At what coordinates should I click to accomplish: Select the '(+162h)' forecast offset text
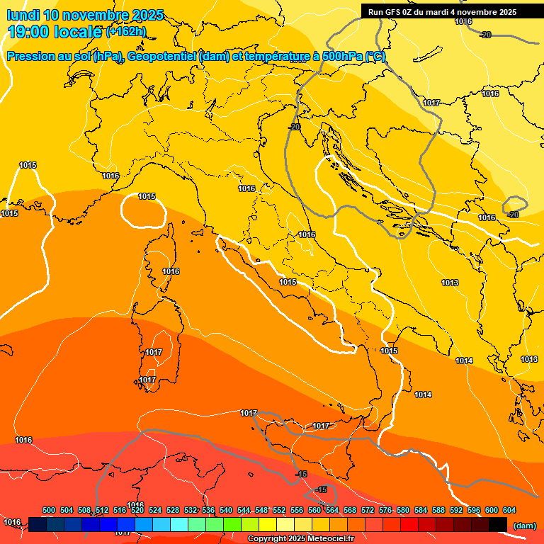pyautogui.click(x=126, y=32)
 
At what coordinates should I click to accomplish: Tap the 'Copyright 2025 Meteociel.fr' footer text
pyautogui.click(x=301, y=538)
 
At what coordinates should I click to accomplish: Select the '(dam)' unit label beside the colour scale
pyautogui.click(x=524, y=525)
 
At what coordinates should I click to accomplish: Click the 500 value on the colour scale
pyautogui.click(x=49, y=511)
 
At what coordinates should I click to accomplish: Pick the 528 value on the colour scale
pyautogui.click(x=173, y=511)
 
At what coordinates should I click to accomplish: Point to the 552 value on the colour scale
pyautogui.click(x=279, y=511)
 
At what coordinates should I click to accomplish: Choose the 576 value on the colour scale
pyautogui.click(x=385, y=511)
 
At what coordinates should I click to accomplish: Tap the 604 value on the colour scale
pyautogui.click(x=509, y=511)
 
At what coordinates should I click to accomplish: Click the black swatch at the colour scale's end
pyautogui.click(x=498, y=524)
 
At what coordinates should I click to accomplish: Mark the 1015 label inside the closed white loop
pyautogui.click(x=147, y=196)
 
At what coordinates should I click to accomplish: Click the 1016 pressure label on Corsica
pyautogui.click(x=171, y=271)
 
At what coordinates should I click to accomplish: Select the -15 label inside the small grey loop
pyautogui.click(x=322, y=490)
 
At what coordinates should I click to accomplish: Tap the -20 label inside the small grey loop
pyautogui.click(x=514, y=214)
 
